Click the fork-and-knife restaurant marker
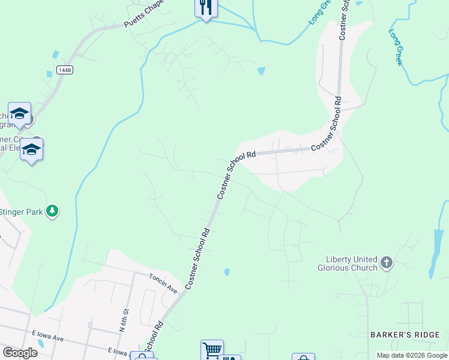point(206,8)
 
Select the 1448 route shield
point(65,70)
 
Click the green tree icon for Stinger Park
point(53,211)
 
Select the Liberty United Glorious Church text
point(348,263)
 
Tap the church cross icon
point(386,262)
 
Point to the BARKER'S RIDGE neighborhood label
point(414,335)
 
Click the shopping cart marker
point(212,350)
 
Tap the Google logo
point(20,352)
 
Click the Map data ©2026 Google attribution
point(412,355)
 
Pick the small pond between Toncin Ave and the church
point(227,272)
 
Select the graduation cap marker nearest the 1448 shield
point(19,113)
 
